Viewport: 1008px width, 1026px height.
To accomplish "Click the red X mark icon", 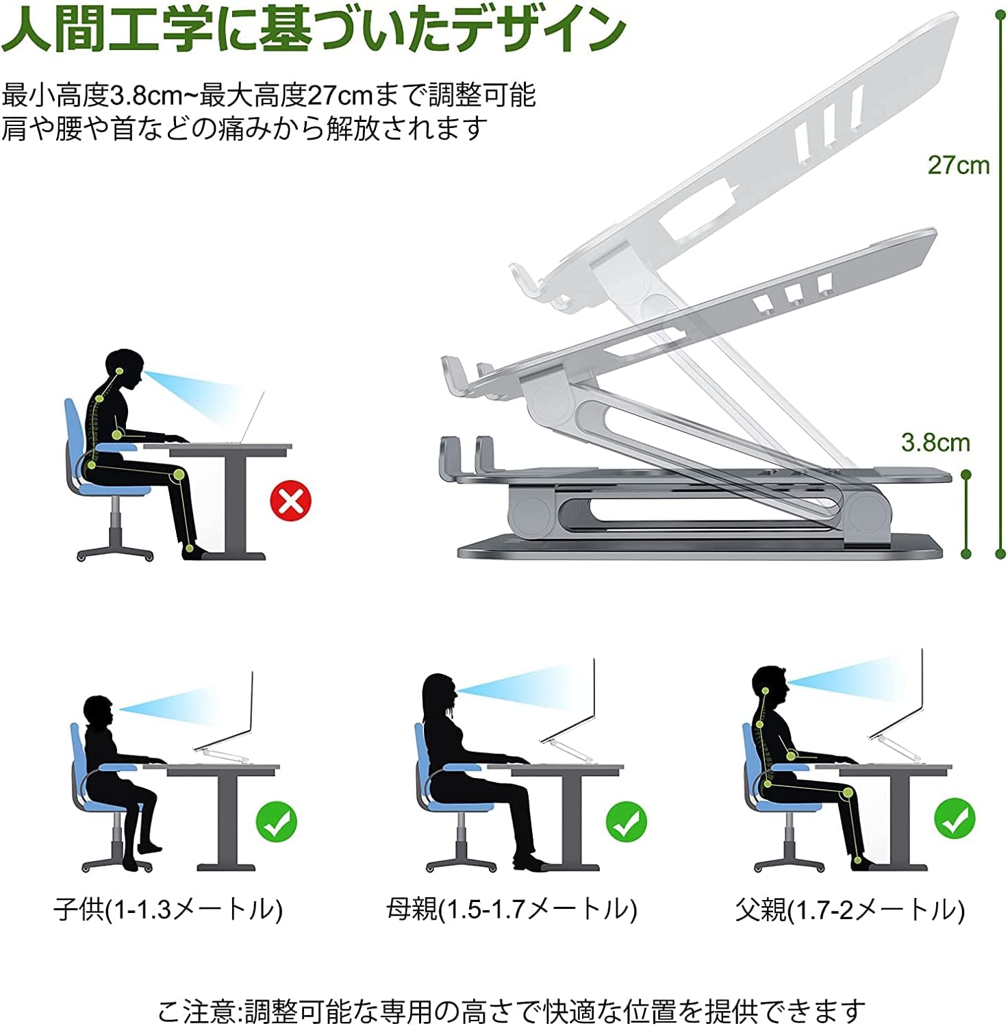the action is pos(290,501).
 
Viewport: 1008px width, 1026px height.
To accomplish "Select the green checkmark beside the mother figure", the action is pos(626,822).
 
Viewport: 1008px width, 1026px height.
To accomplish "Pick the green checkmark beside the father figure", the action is pos(955,819).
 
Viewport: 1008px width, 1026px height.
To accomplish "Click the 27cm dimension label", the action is pos(959,165).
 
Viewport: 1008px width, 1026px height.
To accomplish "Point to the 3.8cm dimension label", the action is pos(935,442).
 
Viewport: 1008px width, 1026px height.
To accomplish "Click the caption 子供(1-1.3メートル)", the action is pos(168,910).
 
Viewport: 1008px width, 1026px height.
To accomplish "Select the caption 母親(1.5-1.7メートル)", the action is pos(512,910).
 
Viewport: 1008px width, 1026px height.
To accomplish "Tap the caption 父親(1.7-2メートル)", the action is pos(850,910).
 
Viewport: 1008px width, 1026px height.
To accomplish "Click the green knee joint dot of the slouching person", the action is pos(179,474).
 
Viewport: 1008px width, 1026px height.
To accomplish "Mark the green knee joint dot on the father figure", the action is pos(848,793).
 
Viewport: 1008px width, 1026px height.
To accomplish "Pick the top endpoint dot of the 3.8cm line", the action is pos(966,475).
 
